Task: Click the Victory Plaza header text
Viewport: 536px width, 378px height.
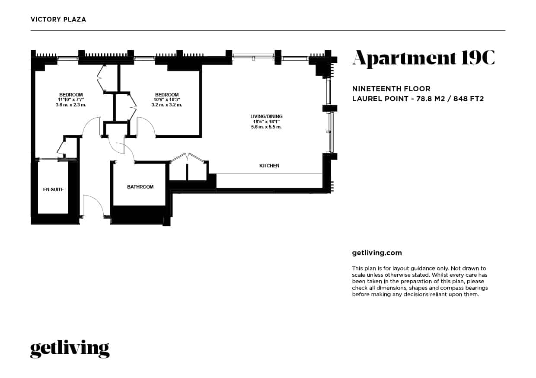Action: point(58,19)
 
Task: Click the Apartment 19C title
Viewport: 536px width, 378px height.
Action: point(424,58)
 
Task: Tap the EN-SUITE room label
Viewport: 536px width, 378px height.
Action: point(53,189)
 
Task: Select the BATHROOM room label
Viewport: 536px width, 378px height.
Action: point(140,187)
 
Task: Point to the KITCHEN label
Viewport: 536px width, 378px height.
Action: point(269,165)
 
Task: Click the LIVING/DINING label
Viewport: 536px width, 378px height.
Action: point(266,116)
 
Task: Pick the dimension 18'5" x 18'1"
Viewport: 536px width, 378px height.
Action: point(266,122)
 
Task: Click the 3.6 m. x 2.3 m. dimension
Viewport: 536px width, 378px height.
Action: point(71,105)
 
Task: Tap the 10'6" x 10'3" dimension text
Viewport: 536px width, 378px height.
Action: point(167,99)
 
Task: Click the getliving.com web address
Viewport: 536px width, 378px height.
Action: point(377,253)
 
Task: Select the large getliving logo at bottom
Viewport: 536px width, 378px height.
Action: point(70,349)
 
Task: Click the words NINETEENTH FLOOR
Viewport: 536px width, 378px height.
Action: point(391,89)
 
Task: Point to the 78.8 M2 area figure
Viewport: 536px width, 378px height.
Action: point(431,99)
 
